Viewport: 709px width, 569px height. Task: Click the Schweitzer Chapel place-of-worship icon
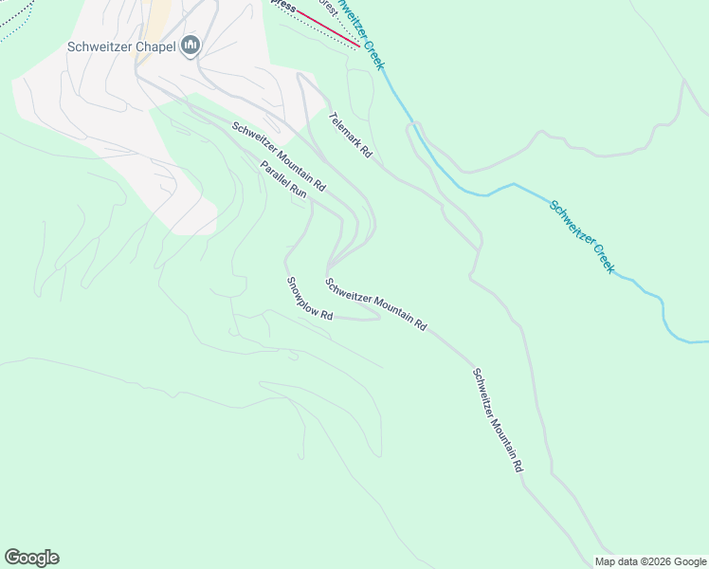point(191,46)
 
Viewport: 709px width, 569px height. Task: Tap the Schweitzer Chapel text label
point(121,46)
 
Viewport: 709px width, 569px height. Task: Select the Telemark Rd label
point(350,136)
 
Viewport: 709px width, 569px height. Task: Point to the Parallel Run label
point(284,178)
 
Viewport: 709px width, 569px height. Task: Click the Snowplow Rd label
point(309,298)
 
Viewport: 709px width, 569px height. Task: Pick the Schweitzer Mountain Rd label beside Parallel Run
point(279,155)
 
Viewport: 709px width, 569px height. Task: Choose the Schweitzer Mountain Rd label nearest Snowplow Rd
point(375,303)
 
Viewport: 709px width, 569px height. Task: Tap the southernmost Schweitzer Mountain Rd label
point(498,420)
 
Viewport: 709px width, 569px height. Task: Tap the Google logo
point(31,558)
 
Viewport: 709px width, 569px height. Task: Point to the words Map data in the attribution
point(616,561)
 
